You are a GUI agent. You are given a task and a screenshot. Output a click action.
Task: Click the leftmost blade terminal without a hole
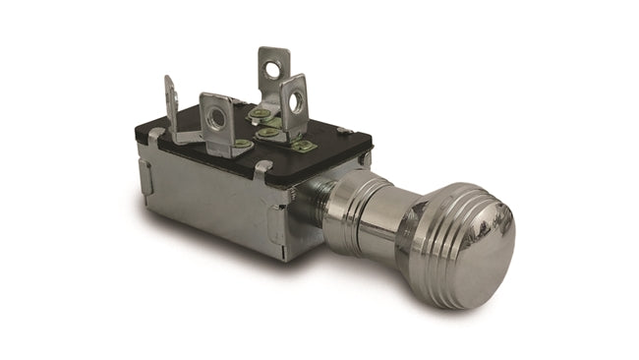click(x=170, y=103)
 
